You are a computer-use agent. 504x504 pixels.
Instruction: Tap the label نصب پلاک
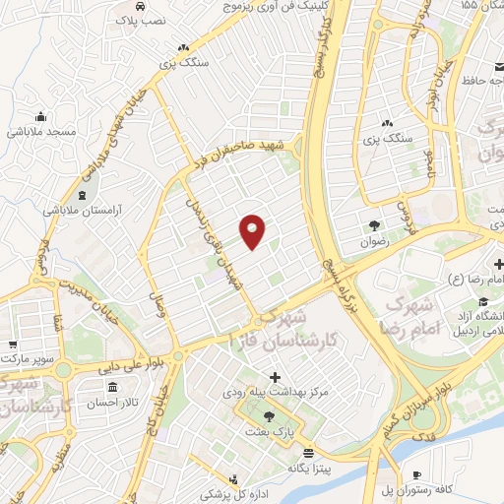click(x=143, y=19)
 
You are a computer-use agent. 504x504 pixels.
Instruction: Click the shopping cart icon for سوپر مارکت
click(x=13, y=345)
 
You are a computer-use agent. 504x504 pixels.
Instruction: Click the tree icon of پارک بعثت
click(x=269, y=415)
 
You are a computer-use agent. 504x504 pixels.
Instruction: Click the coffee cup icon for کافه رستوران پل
click(x=416, y=472)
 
